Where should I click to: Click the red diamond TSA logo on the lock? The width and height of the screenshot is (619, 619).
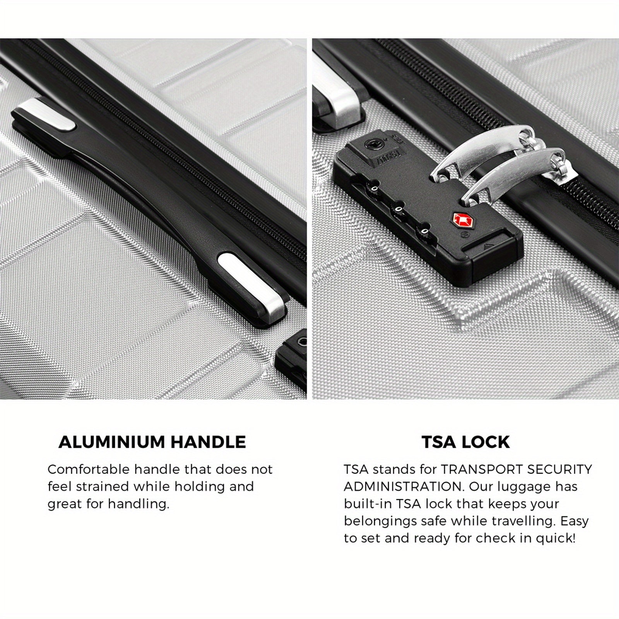tap(460, 219)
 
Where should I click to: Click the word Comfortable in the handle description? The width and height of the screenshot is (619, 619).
tap(89, 470)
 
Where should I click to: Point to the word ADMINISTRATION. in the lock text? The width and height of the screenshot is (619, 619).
tap(404, 487)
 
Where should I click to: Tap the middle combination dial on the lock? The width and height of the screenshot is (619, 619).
tap(397, 211)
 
